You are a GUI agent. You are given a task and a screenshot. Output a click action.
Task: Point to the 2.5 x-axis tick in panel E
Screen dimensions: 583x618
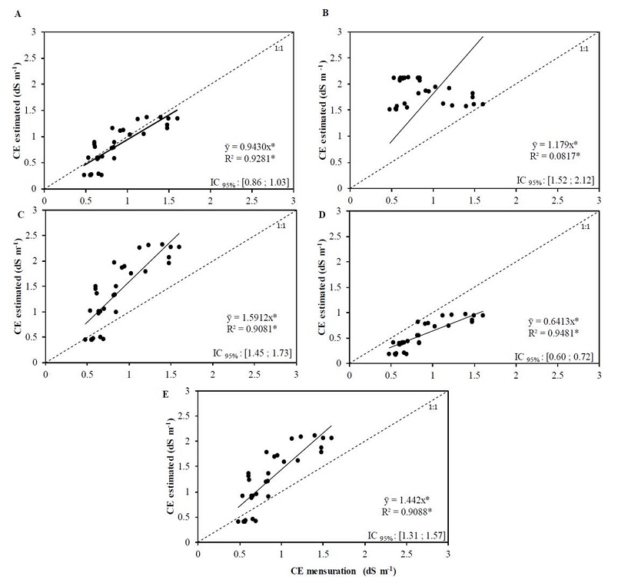(x=404, y=552)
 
